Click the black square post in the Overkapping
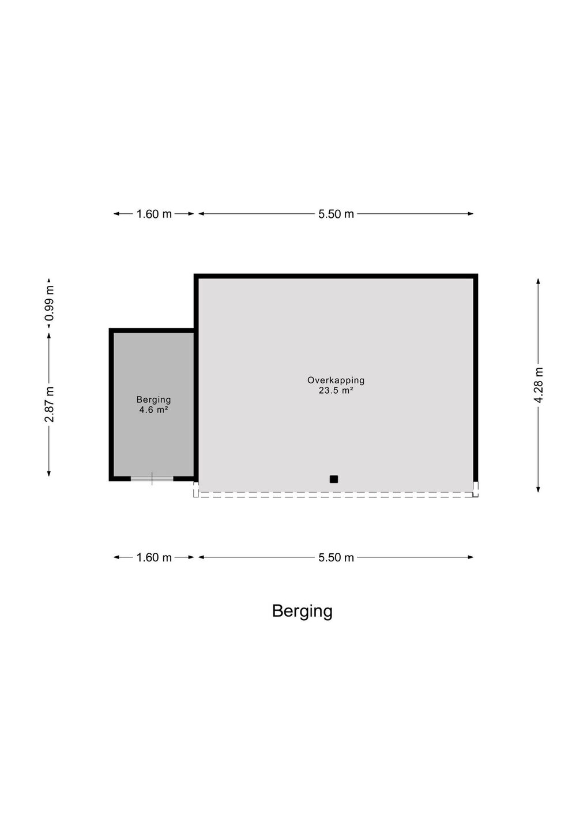click(x=333, y=479)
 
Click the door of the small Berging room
click(x=152, y=479)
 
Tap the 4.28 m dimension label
click(x=539, y=385)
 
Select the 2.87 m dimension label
click(x=49, y=404)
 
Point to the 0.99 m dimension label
click(x=49, y=303)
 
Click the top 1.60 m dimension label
click(x=154, y=214)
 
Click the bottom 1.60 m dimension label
click(x=154, y=557)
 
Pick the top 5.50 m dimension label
click(x=336, y=214)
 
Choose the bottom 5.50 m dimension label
click(x=336, y=557)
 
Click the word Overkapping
click(x=336, y=380)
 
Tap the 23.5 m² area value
click(x=336, y=391)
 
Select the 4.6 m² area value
click(x=154, y=410)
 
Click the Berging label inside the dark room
click(x=154, y=400)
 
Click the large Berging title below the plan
click(x=302, y=611)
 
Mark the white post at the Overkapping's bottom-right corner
click(x=476, y=489)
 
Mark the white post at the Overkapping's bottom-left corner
click(x=196, y=489)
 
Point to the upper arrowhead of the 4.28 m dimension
click(x=538, y=281)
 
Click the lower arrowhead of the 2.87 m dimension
click(x=49, y=473)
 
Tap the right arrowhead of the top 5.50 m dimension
click(x=471, y=214)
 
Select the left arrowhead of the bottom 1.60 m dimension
click(x=116, y=557)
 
